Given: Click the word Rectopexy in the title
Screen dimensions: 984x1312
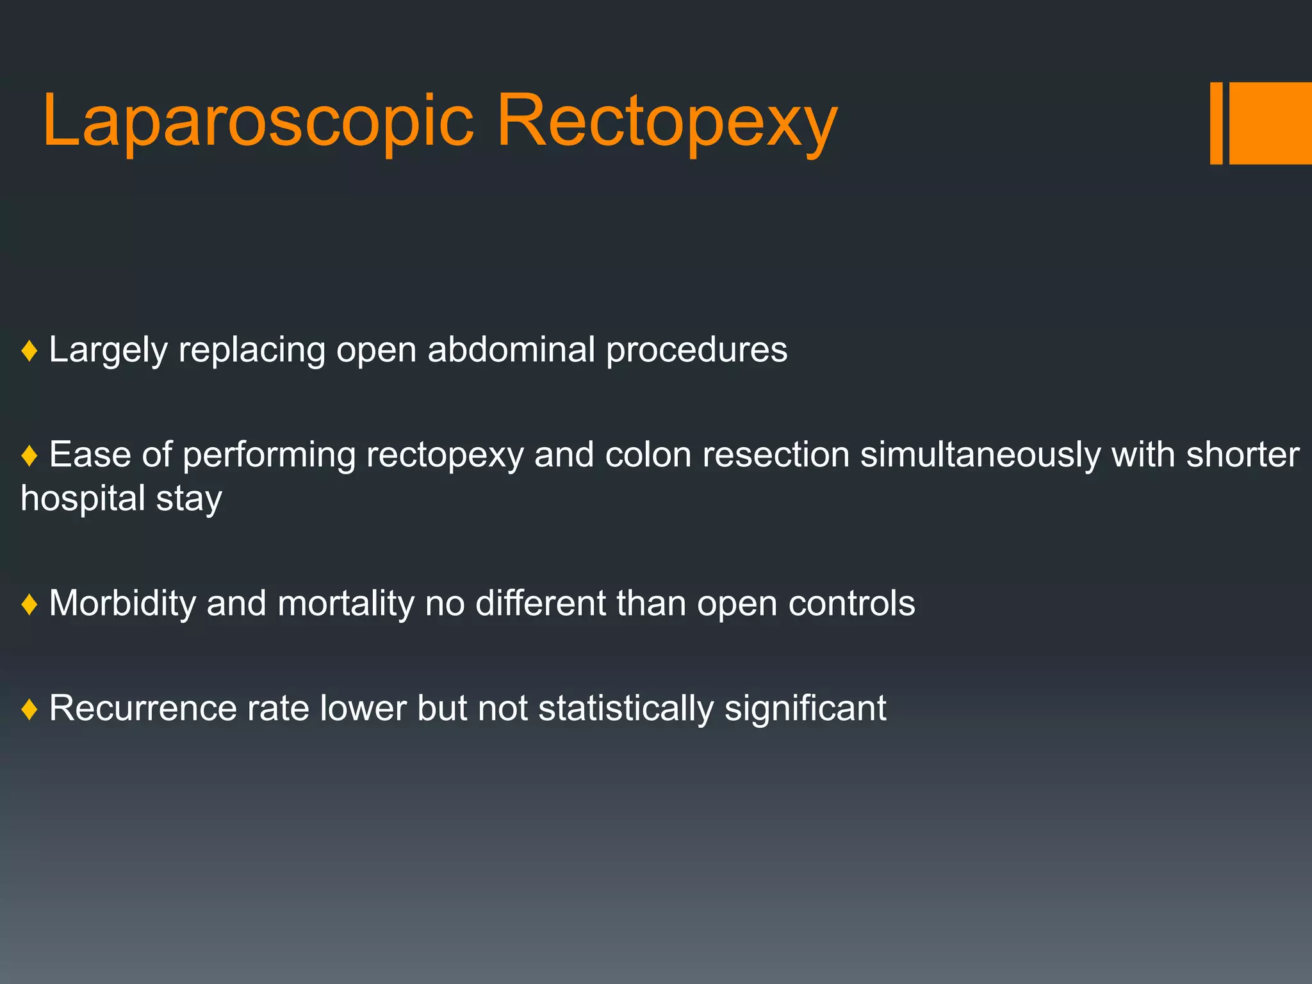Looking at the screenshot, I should [666, 122].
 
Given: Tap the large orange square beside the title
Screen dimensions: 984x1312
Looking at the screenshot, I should [1271, 123].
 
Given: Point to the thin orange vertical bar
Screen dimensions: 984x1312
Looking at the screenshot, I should [1216, 123].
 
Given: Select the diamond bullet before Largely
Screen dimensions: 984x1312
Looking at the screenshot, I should [29, 351].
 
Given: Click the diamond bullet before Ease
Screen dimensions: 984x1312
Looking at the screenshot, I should [29, 456].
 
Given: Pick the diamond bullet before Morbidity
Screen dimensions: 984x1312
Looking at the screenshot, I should [29, 604].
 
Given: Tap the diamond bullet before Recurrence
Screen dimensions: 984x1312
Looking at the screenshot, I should [29, 709].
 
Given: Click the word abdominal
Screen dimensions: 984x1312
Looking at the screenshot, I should [511, 350].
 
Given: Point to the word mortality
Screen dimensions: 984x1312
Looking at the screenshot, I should [346, 603].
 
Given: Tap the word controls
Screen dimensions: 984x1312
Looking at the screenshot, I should [851, 603].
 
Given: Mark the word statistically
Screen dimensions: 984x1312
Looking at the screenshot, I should [626, 709].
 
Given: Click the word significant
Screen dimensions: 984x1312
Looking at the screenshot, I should [805, 709].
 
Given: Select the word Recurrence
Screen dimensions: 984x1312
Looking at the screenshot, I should [143, 709].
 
